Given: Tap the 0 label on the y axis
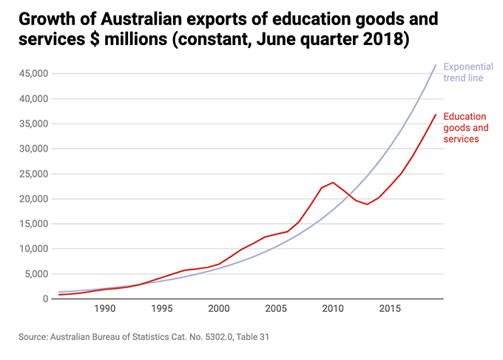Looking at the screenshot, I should [46, 299].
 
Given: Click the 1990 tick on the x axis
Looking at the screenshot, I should [104, 309].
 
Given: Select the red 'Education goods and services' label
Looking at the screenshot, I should [465, 127].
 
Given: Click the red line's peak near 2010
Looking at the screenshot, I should [333, 183].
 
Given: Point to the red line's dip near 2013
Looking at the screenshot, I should [368, 204].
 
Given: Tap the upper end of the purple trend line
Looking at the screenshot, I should [436, 64].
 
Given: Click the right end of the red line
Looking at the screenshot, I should [436, 114].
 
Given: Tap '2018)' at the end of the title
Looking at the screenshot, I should [384, 39].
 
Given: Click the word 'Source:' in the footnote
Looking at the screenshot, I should [35, 337].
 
